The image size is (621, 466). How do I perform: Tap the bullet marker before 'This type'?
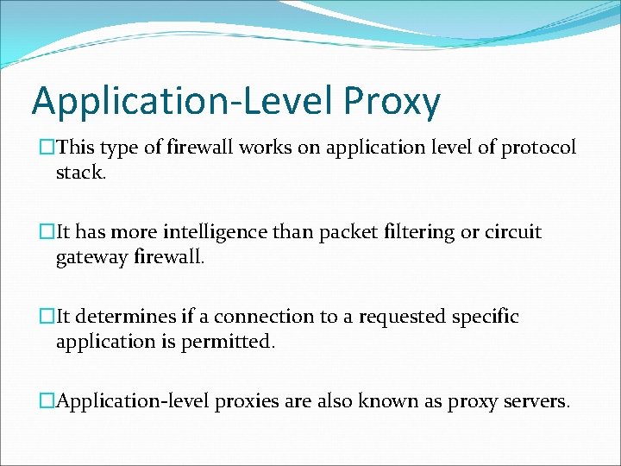tap(47, 148)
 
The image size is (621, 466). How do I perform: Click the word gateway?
tap(92, 256)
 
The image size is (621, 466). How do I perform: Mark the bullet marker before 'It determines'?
tap(47, 317)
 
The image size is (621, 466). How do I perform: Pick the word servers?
tap(535, 401)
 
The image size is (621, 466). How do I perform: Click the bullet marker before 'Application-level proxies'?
tap(47, 401)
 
